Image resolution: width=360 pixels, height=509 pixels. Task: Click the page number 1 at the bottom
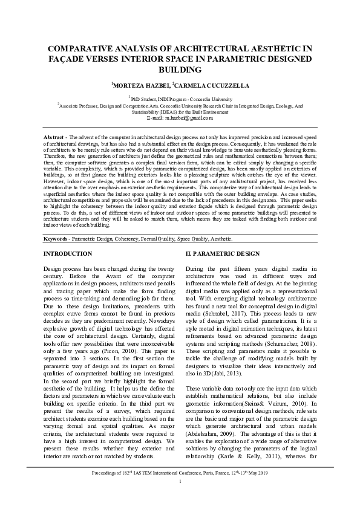click(180, 498)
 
